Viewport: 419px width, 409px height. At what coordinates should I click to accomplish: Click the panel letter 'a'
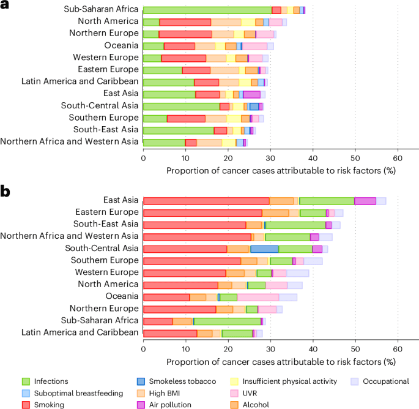[x=7, y=6]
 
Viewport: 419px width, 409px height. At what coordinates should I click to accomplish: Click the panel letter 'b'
[x=7, y=192]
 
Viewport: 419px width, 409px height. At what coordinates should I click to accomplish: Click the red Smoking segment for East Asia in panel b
[x=206, y=201]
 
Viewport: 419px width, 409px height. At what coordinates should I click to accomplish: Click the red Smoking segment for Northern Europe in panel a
[x=185, y=34]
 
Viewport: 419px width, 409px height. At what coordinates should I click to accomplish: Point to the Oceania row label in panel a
[x=121, y=45]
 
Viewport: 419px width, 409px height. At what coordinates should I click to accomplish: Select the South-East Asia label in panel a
[x=105, y=129]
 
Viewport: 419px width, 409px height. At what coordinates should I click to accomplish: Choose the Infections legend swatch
[x=26, y=381]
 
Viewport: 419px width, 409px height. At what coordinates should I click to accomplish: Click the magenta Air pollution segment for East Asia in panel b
[x=365, y=201]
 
